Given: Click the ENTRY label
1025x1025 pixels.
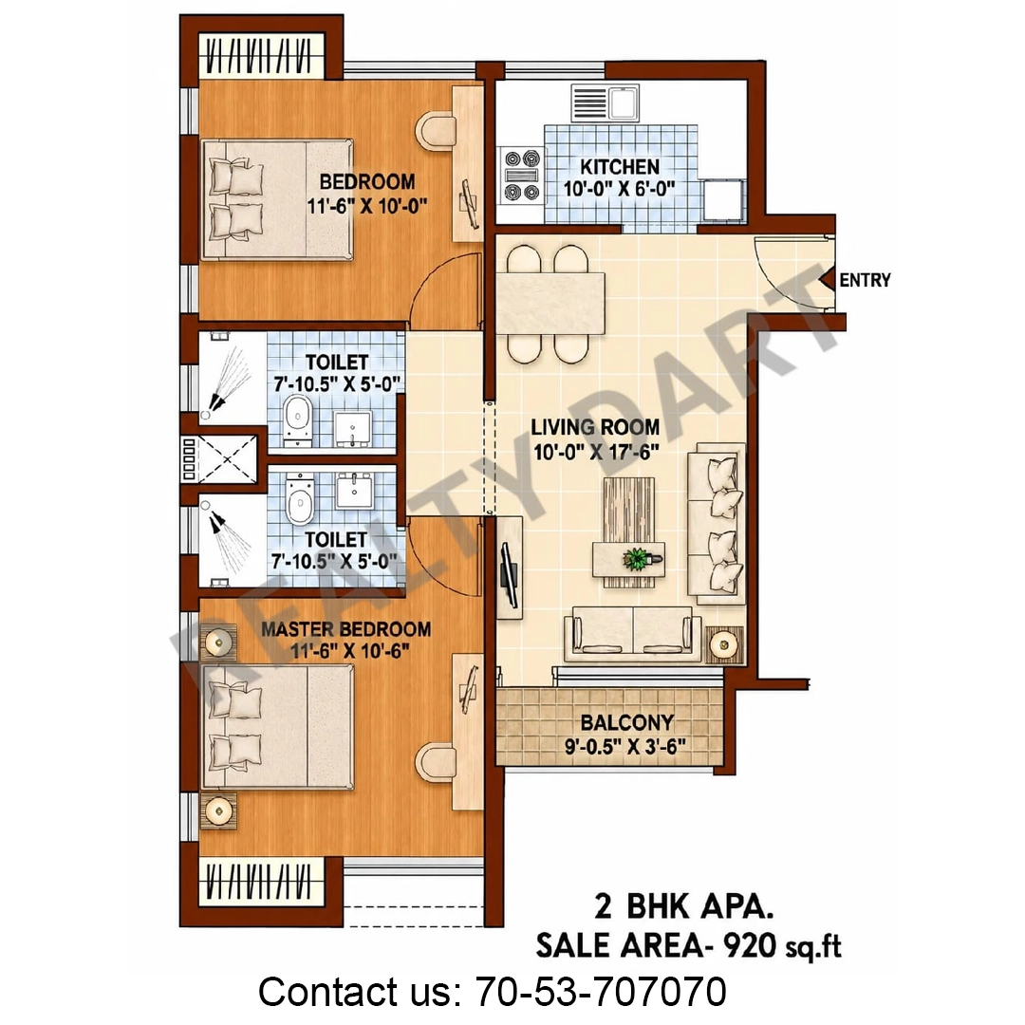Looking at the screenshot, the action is point(865,280).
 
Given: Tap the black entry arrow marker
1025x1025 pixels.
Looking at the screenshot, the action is point(827,280).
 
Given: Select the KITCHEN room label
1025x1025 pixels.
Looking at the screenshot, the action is point(620,167).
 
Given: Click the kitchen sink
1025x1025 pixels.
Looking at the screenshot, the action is point(606,102).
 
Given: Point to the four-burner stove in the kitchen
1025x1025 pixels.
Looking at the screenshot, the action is point(522,176).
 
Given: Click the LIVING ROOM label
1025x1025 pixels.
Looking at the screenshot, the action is point(595,427).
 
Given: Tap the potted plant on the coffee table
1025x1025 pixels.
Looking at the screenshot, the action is point(635,559).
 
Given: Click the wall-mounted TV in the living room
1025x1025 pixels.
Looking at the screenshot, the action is point(508,567).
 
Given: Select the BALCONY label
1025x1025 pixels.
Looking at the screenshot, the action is point(627,722).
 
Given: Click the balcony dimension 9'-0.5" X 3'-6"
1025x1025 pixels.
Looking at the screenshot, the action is point(625,746).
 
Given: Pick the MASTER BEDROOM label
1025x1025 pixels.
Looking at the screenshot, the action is point(345,629).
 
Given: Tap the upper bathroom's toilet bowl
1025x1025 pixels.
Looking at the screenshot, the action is point(297,418).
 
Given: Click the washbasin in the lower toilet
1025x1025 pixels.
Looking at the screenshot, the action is point(354,490).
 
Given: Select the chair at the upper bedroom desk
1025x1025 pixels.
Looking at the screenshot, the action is point(436,129).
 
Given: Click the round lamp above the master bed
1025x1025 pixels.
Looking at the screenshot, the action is point(218,643).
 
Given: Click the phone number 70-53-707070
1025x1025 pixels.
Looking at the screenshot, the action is point(600,991).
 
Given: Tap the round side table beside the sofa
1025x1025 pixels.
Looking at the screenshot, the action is point(723,645).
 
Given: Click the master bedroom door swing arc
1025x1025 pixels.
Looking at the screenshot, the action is point(425,568).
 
